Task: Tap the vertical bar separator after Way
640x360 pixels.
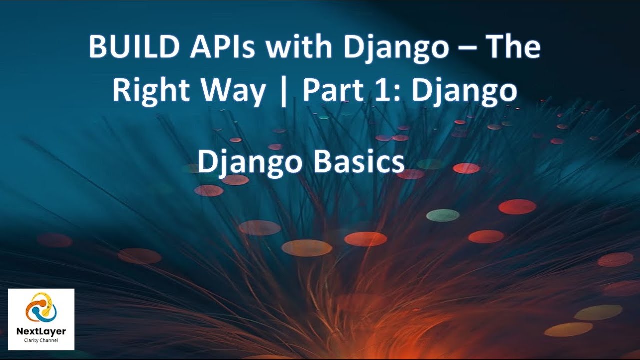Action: click(284, 92)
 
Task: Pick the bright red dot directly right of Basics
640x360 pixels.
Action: click(466, 168)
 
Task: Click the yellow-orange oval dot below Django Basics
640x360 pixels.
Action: click(307, 248)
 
